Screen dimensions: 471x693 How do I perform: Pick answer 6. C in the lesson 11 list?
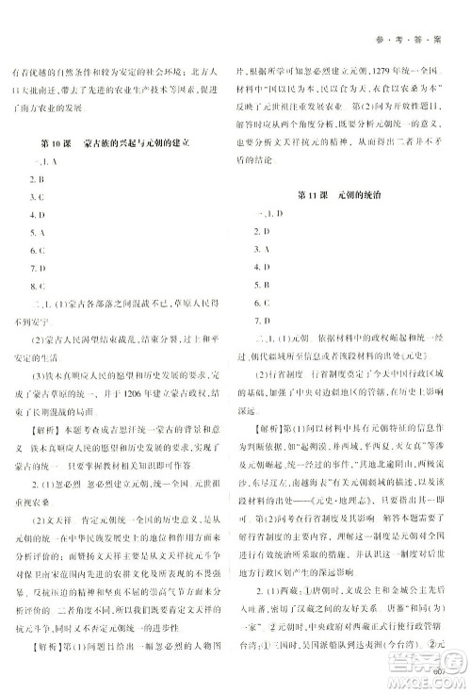tap(265, 303)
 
